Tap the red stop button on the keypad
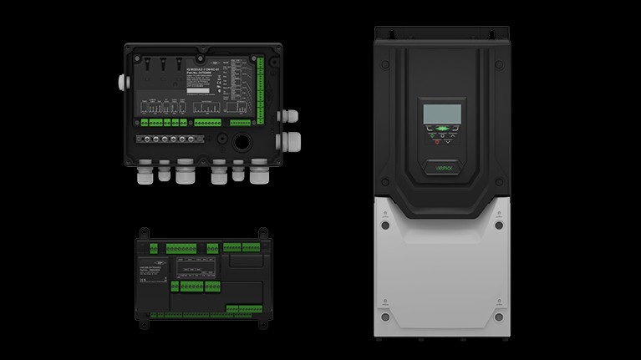pyautogui.click(x=436, y=141)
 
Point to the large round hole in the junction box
pyautogui.click(x=242, y=139)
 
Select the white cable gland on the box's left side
pyautogui.click(x=122, y=82)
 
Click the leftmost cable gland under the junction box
pyautogui.click(x=142, y=173)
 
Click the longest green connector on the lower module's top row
pyautogui.click(x=181, y=248)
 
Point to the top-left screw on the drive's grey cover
pyautogui.click(x=384, y=225)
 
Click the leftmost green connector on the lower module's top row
pyautogui.click(x=153, y=248)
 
